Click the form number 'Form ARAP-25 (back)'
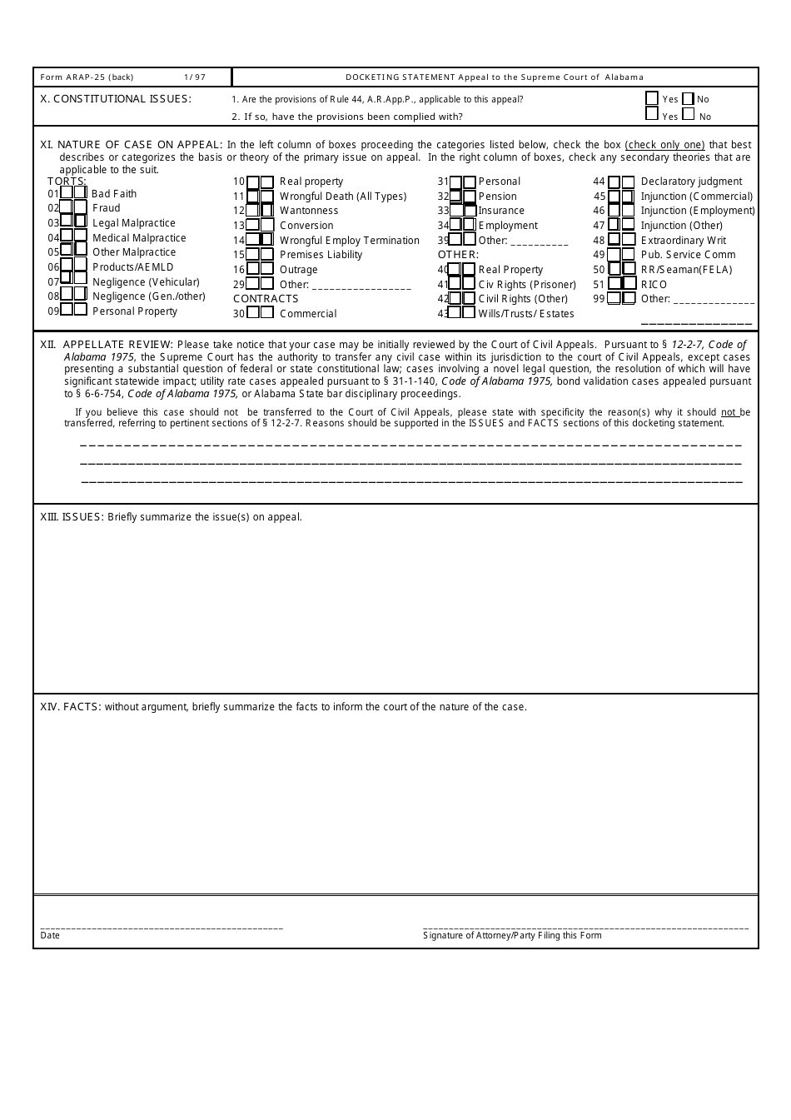point(87,77)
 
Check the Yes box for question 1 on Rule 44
point(652,98)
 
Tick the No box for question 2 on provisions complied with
point(689,115)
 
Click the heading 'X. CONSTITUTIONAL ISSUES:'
point(116,99)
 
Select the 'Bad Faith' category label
point(114,194)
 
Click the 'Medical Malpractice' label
point(139,238)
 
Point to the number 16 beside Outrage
point(239,270)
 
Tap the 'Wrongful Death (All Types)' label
point(343,197)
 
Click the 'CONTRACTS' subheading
point(266,299)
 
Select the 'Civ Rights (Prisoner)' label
point(527,285)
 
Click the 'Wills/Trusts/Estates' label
point(526,314)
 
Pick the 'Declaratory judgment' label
point(691,182)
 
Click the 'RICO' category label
point(654,285)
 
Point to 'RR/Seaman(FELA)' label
point(686,270)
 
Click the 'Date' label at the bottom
point(50,935)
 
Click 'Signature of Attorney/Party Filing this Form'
point(512,935)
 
